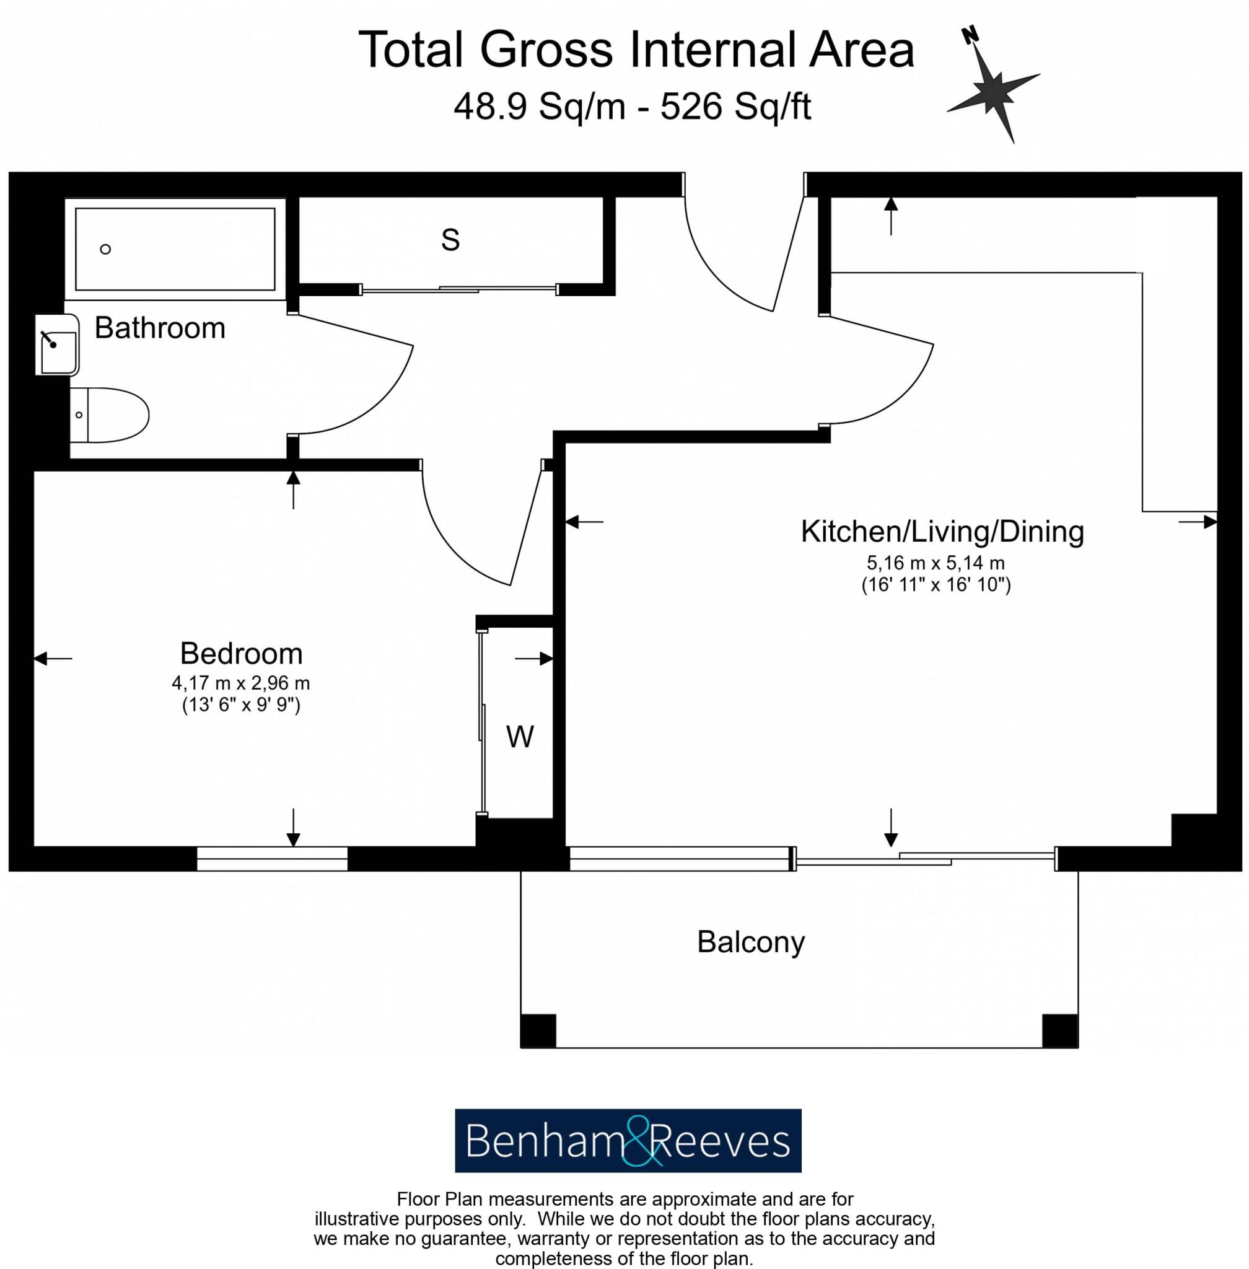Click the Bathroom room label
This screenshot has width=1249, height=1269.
pyautogui.click(x=159, y=328)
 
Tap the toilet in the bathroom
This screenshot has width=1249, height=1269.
pyautogui.click(x=112, y=415)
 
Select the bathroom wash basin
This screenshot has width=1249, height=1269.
pyautogui.click(x=58, y=345)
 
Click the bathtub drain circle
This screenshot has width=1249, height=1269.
pyautogui.click(x=105, y=248)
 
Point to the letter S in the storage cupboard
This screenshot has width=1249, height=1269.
pyautogui.click(x=450, y=240)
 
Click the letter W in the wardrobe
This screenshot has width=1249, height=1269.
pyautogui.click(x=520, y=737)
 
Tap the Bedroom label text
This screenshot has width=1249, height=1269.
pyautogui.click(x=242, y=654)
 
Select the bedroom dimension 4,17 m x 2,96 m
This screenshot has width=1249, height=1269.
pyautogui.click(x=241, y=683)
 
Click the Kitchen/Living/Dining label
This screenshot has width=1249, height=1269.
pyautogui.click(x=942, y=532)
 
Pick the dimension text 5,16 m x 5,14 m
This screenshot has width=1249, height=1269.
pyautogui.click(x=936, y=563)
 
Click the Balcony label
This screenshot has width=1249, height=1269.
pyautogui.click(x=750, y=942)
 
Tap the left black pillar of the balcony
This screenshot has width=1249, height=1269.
pyautogui.click(x=538, y=1031)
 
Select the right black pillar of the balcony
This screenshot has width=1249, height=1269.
pyautogui.click(x=1059, y=1031)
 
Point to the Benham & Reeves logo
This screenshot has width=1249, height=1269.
pyautogui.click(x=628, y=1140)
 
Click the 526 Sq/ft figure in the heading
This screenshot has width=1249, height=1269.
pyautogui.click(x=735, y=107)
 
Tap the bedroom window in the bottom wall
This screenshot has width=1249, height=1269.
pyautogui.click(x=271, y=859)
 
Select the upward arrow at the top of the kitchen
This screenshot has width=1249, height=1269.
pyautogui.click(x=890, y=215)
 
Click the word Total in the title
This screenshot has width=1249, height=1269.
pyautogui.click(x=411, y=50)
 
